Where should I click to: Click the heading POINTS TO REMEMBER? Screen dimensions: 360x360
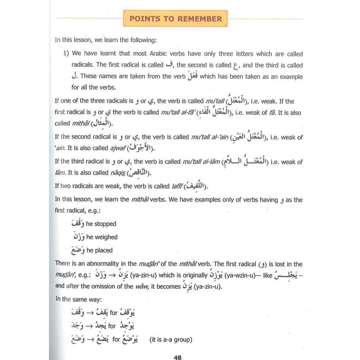coord(176,19)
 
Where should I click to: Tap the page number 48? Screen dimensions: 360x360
coord(177,357)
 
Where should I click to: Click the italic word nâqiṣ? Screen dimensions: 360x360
coord(119,173)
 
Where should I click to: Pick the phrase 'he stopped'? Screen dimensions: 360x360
coord(101,224)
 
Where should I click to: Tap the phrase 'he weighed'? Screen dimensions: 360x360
coord(102,237)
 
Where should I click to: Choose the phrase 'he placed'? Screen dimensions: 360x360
coord(99,251)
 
